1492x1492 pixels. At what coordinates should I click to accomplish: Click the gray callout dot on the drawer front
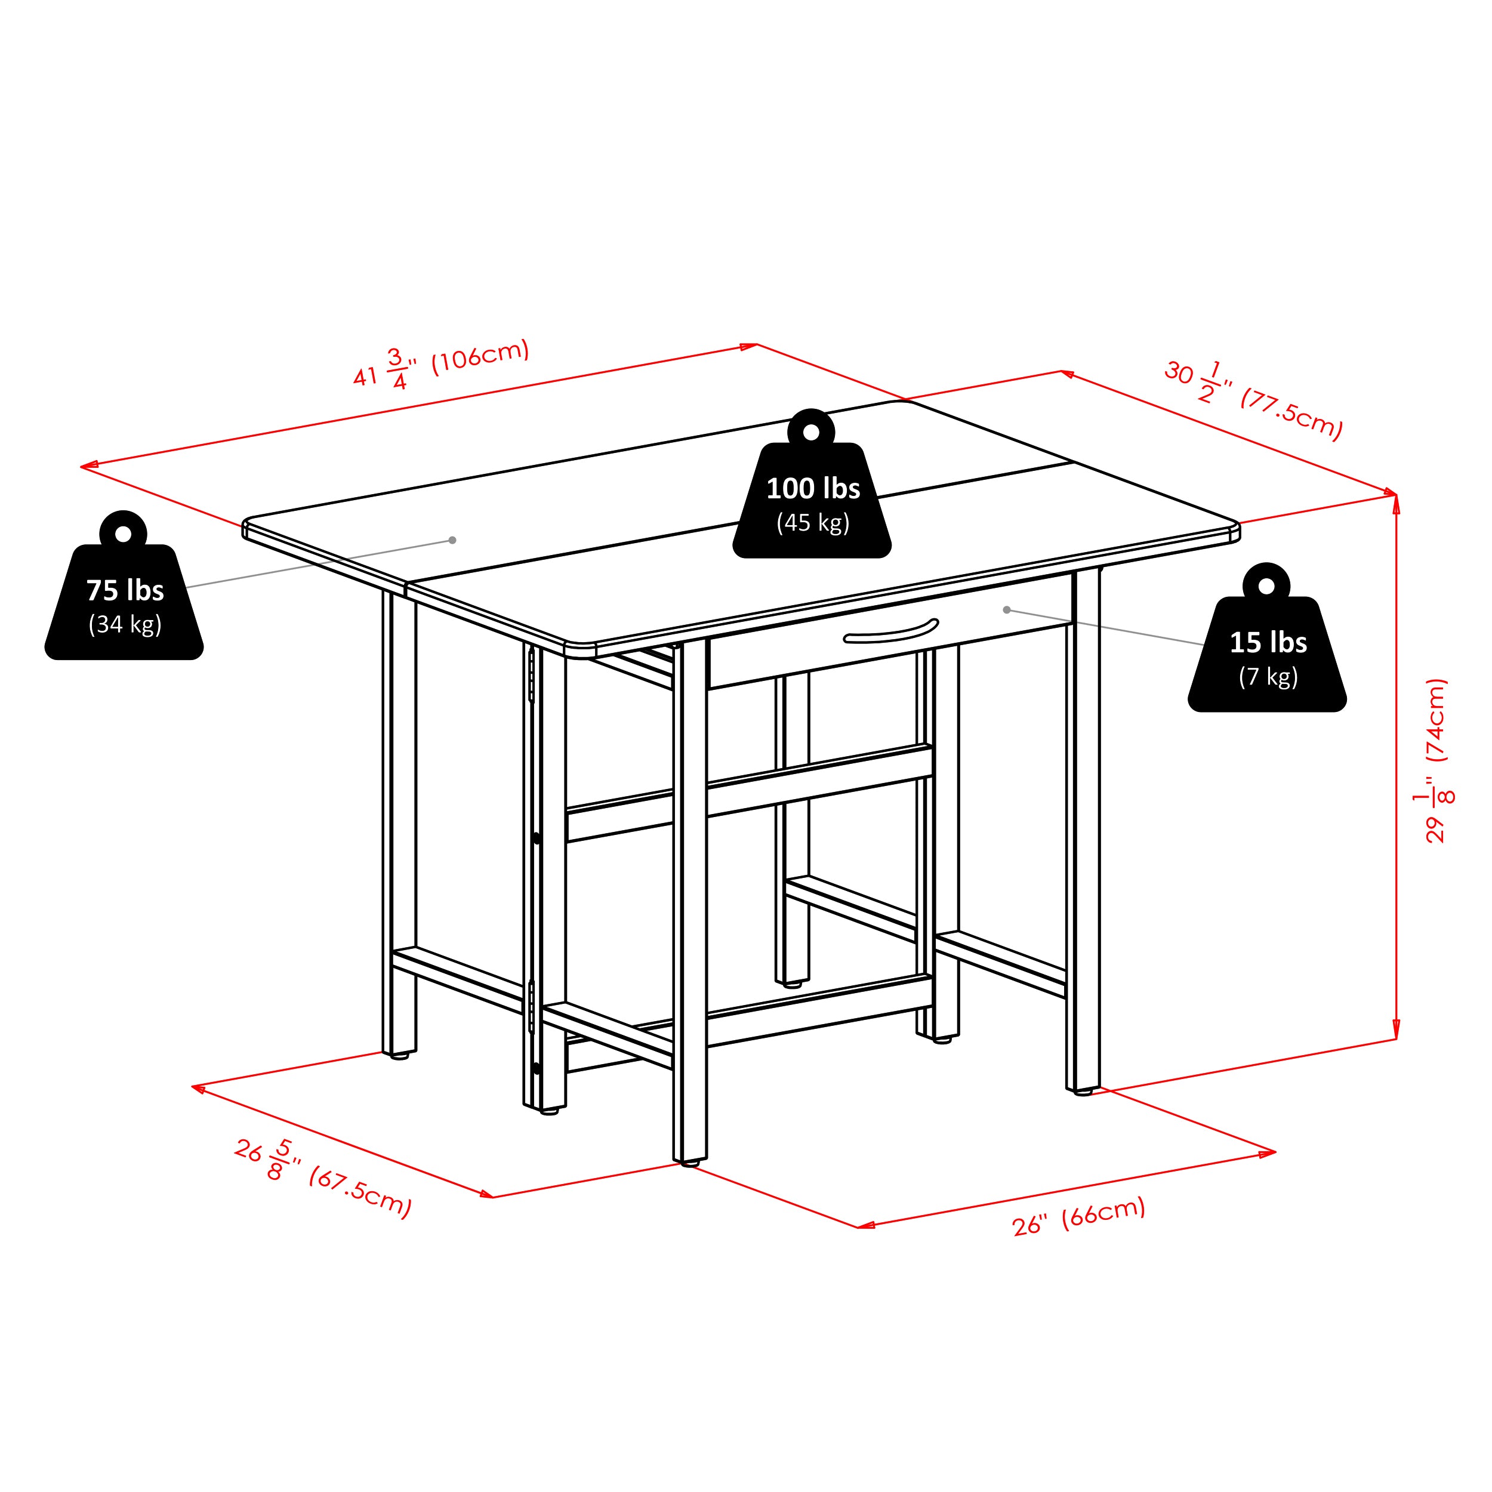[x=1007, y=610]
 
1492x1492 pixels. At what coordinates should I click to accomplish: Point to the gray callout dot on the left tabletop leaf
[x=452, y=541]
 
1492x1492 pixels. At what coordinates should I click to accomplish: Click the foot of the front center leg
[x=690, y=1162]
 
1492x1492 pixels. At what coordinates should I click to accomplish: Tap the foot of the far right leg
[x=1083, y=1092]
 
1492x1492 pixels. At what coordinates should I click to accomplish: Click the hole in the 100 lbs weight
[x=812, y=433]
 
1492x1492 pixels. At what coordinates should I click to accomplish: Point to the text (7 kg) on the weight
[x=1268, y=677]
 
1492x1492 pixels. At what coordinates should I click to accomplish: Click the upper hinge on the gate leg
[x=531, y=675]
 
